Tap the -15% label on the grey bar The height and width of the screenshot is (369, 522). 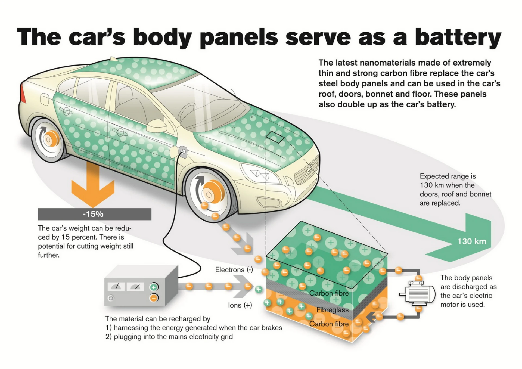pos(93,214)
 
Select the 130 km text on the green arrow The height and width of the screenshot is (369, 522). pos(472,241)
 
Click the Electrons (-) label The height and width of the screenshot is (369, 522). pos(234,270)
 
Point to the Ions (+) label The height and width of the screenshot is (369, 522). pos(240,305)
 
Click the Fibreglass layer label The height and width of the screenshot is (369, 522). pos(332,310)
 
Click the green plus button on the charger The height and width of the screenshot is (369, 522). pos(154,287)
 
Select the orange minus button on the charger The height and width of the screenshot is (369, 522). pos(154,298)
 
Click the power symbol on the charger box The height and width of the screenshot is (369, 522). pos(111,298)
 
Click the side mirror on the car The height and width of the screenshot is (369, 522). pos(157,125)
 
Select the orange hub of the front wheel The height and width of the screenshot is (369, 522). pos(212,193)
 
